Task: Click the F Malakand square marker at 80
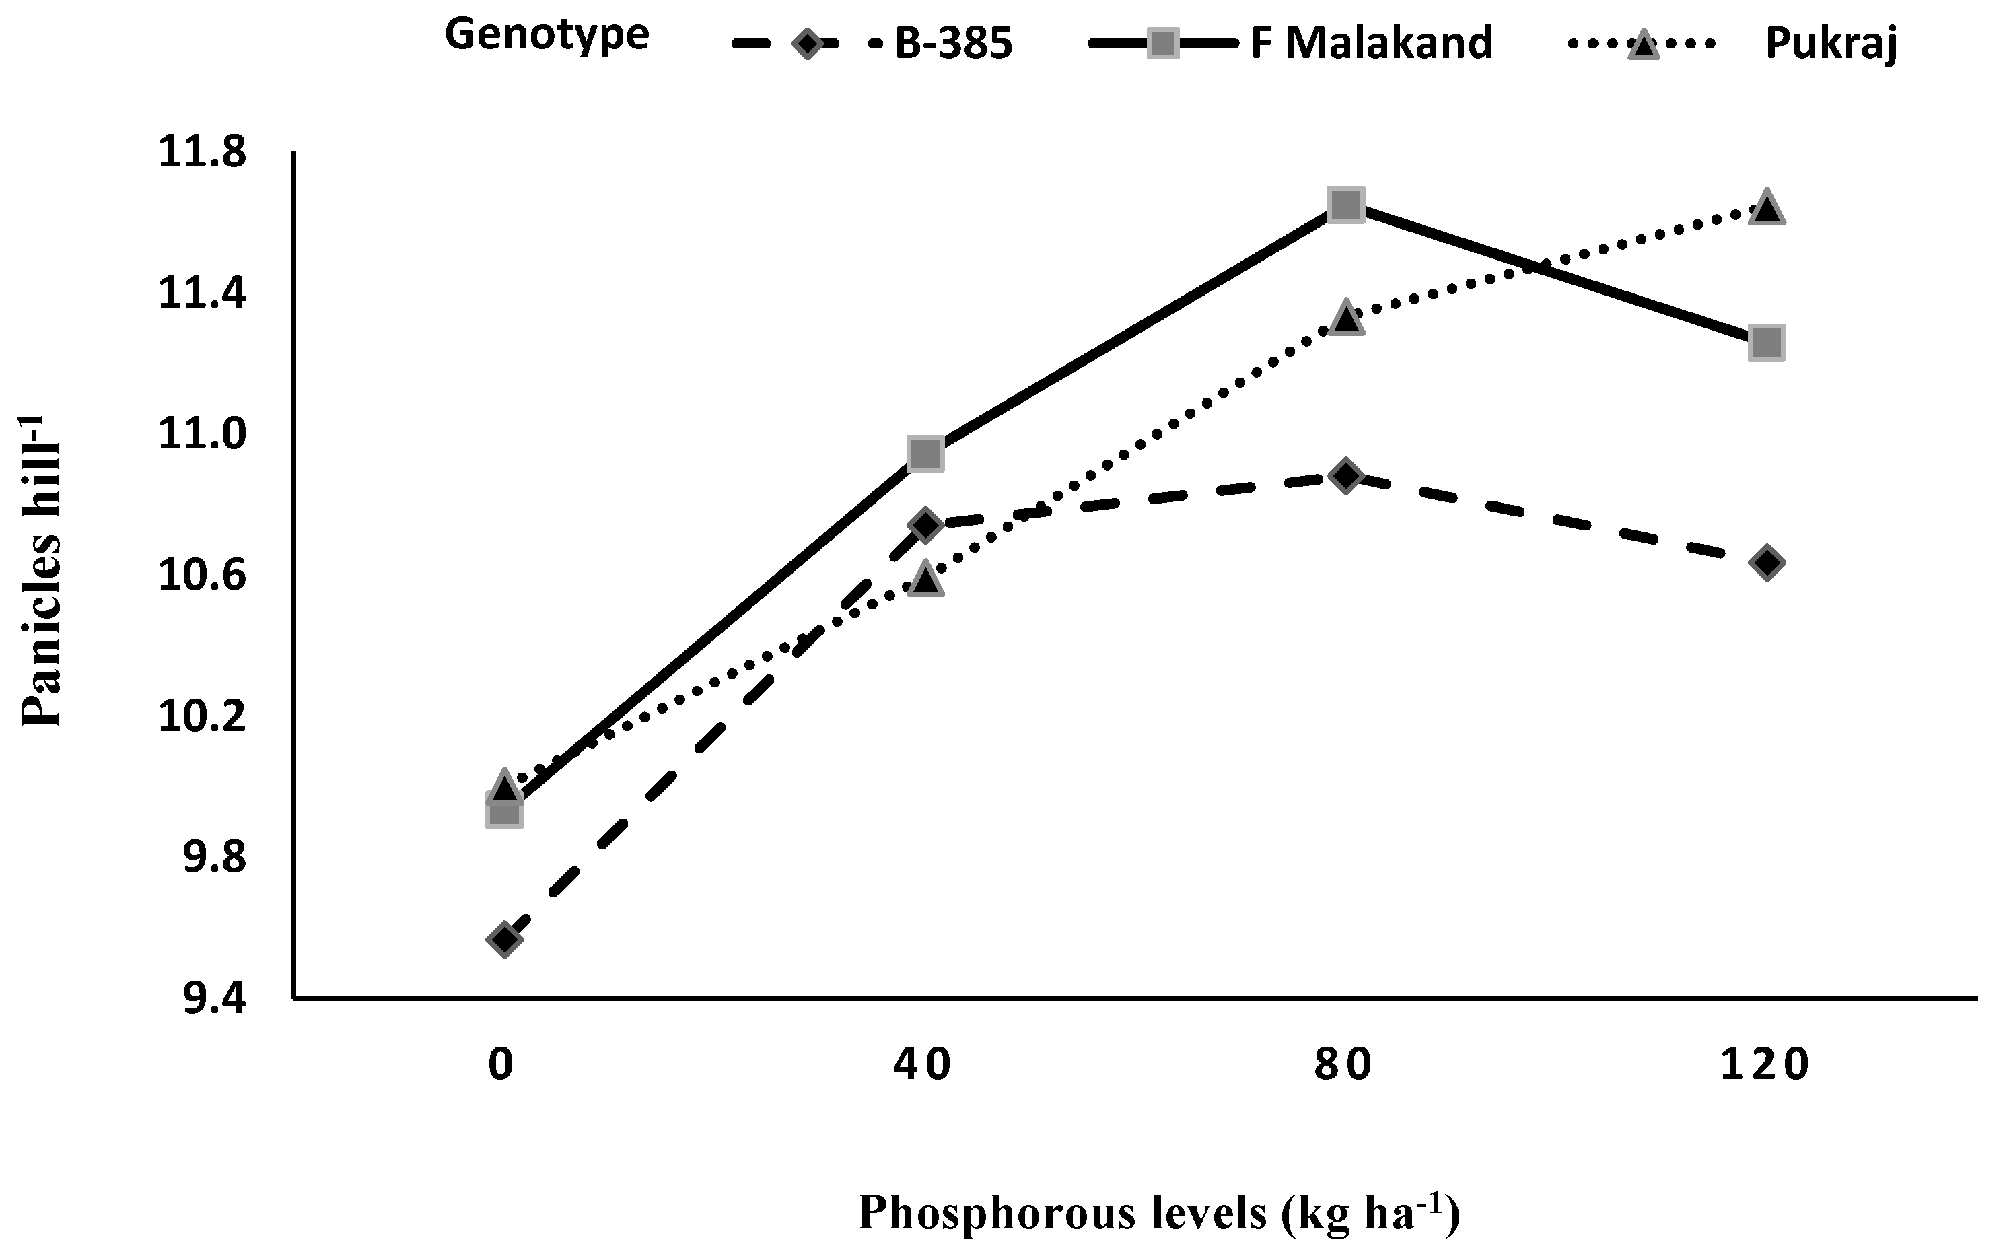point(1345,203)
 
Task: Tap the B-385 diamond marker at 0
point(504,939)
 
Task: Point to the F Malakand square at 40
point(925,453)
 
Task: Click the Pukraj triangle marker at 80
point(1345,318)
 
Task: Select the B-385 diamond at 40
point(925,525)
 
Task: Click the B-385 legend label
point(953,44)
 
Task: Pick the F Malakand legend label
point(1371,43)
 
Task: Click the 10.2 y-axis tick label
point(202,718)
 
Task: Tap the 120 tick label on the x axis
point(1765,1065)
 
